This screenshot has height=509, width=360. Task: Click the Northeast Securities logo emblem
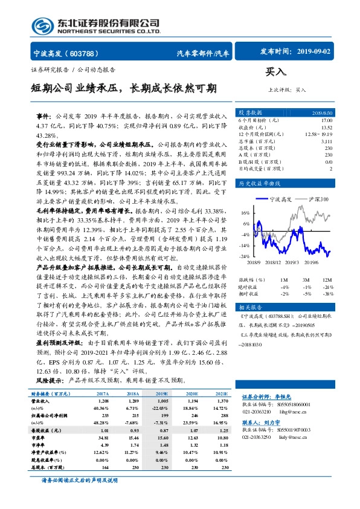point(41,25)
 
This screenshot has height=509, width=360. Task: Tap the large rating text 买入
point(276,71)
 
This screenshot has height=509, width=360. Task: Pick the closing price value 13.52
point(326,127)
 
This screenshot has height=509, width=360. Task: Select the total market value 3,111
point(326,140)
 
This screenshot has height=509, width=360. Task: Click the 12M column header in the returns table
point(327,280)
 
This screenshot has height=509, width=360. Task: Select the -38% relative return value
point(327,293)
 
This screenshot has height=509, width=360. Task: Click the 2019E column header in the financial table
point(160,394)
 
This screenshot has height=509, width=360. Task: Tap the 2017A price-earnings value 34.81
point(101,436)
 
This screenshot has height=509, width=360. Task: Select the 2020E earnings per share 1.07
point(191,429)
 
